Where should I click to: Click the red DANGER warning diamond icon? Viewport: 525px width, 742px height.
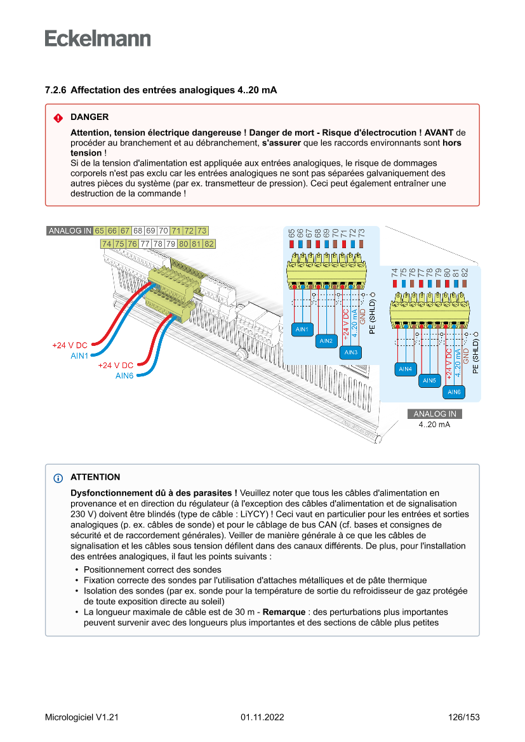pos(58,118)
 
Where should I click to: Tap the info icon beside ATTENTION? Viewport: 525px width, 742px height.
pos(58,478)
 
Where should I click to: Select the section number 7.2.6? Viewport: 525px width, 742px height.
pos(56,91)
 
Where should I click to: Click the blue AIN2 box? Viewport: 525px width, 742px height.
pos(326,341)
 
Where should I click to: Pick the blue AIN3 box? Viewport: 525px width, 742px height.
pos(350,352)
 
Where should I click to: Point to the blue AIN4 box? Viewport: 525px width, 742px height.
pos(405,369)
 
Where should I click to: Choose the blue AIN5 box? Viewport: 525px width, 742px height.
pos(430,381)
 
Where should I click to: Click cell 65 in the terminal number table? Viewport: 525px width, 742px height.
pos(100,230)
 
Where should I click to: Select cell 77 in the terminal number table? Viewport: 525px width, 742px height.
pos(145,244)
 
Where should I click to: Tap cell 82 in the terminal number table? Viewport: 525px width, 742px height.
pos(209,244)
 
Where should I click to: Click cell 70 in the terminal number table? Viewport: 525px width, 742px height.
pos(163,230)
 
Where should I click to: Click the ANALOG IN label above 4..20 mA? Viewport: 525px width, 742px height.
pos(435,414)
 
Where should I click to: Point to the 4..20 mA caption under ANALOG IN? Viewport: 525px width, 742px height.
pos(435,424)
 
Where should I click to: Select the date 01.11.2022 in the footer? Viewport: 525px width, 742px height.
pos(262,717)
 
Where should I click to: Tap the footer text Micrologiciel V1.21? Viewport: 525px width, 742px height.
pos(82,717)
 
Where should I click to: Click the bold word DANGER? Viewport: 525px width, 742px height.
pos(90,117)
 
